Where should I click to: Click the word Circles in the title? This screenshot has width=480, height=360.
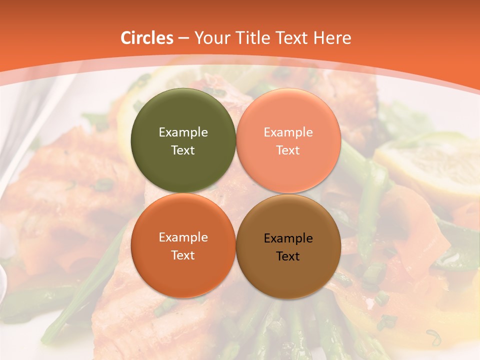click(146, 38)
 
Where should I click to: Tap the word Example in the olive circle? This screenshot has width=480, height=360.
click(183, 132)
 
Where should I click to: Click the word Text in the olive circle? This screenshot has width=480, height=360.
click(183, 150)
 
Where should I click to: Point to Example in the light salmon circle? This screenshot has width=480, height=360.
click(288, 132)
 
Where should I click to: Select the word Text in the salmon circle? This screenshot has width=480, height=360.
click(288, 150)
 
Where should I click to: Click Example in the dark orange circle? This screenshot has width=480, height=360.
click(183, 237)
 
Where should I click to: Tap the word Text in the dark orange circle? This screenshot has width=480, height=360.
click(183, 255)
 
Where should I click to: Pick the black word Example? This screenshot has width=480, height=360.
click(288, 238)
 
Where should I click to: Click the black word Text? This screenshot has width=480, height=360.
click(288, 256)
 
